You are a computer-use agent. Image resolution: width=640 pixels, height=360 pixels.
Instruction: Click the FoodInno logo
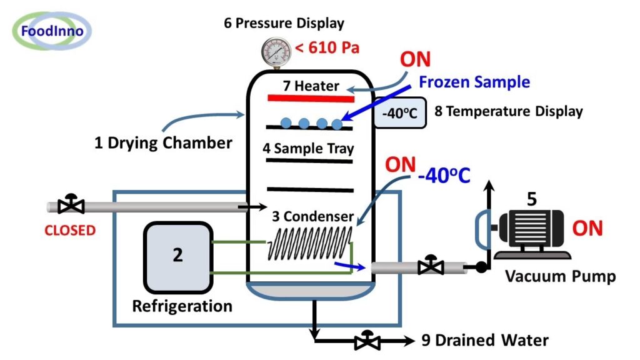click(x=51, y=30)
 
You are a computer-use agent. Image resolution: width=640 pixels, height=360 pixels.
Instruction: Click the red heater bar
click(x=311, y=97)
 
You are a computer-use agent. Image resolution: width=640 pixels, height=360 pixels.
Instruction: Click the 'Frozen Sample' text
click(x=474, y=82)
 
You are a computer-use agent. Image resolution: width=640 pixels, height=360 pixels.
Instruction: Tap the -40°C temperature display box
click(x=400, y=113)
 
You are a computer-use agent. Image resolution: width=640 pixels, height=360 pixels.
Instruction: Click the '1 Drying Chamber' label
click(x=163, y=143)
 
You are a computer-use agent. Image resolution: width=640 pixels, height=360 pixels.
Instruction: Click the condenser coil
click(x=309, y=243)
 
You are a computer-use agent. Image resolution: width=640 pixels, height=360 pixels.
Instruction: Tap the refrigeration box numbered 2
click(x=177, y=257)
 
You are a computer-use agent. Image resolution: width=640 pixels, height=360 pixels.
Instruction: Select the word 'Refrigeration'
click(x=182, y=307)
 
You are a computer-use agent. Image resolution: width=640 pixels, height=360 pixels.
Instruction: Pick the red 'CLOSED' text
click(x=69, y=230)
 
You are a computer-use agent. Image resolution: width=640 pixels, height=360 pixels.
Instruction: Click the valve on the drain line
click(x=366, y=341)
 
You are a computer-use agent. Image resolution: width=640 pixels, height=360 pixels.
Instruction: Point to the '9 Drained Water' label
click(x=484, y=341)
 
